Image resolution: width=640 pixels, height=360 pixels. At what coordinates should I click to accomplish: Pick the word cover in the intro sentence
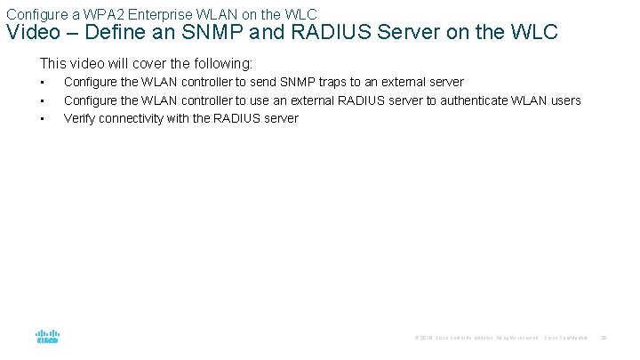[148, 64]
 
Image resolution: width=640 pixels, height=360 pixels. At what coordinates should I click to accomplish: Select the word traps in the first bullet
[343, 83]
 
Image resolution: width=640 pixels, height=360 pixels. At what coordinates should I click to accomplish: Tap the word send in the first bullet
[255, 83]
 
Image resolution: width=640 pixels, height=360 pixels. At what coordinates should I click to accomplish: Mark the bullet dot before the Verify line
[42, 118]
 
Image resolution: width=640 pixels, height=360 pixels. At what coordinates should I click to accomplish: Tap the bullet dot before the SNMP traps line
[42, 83]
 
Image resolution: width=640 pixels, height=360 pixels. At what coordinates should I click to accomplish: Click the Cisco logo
[48, 337]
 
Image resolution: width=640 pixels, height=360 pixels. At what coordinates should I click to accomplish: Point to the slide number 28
[604, 338]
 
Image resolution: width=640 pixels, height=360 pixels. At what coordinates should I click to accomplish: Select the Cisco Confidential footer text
[565, 338]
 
